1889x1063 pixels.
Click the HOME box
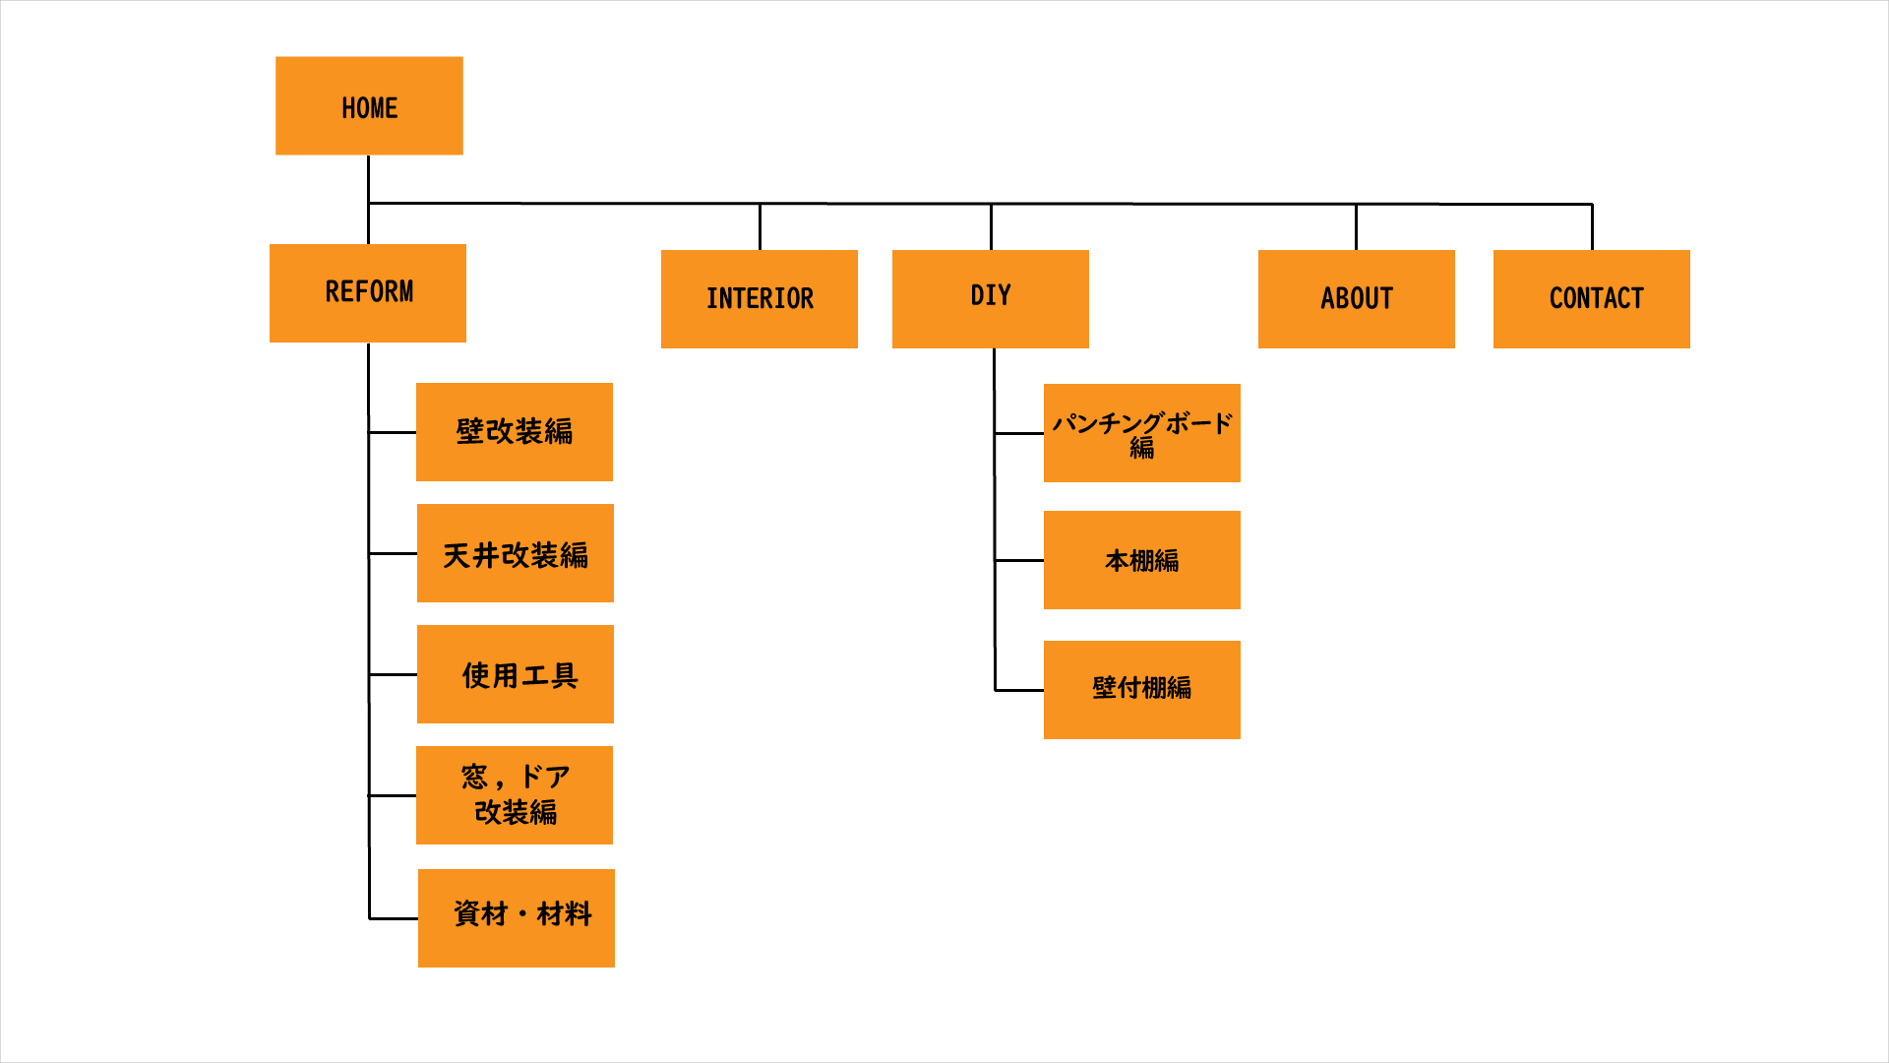pos(369,105)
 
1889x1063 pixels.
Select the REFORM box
pos(368,293)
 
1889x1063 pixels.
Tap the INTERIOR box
pos(760,298)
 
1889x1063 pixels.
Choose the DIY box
pos(991,298)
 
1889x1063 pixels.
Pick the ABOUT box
pos(1357,298)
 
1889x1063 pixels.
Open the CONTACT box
pos(1592,298)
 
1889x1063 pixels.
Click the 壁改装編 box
pos(515,432)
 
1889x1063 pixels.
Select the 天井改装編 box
pos(516,553)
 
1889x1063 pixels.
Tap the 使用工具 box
pos(516,674)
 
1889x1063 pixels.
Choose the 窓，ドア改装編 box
pos(515,795)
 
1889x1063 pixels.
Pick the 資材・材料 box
pos(517,918)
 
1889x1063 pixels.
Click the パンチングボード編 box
pos(1142,433)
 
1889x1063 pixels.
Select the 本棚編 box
pos(1142,560)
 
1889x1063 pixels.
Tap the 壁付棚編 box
pos(1142,690)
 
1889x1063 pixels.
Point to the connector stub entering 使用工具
pos(394,674)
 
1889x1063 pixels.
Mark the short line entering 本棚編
pos(1019,560)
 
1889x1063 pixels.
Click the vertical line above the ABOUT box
pos(1356,227)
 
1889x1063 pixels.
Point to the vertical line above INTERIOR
pos(760,227)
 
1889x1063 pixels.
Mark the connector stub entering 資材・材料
pos(394,918)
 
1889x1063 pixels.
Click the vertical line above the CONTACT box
pos(1592,227)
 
